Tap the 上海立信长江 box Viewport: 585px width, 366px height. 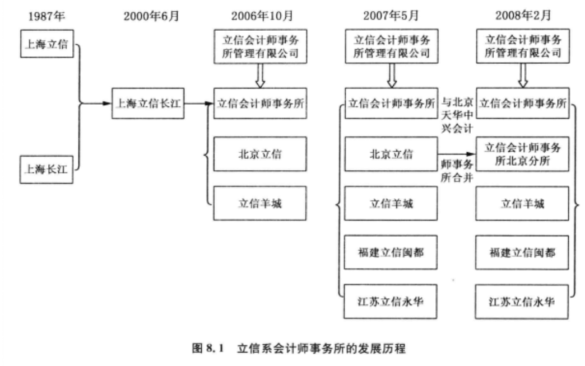(148, 103)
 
